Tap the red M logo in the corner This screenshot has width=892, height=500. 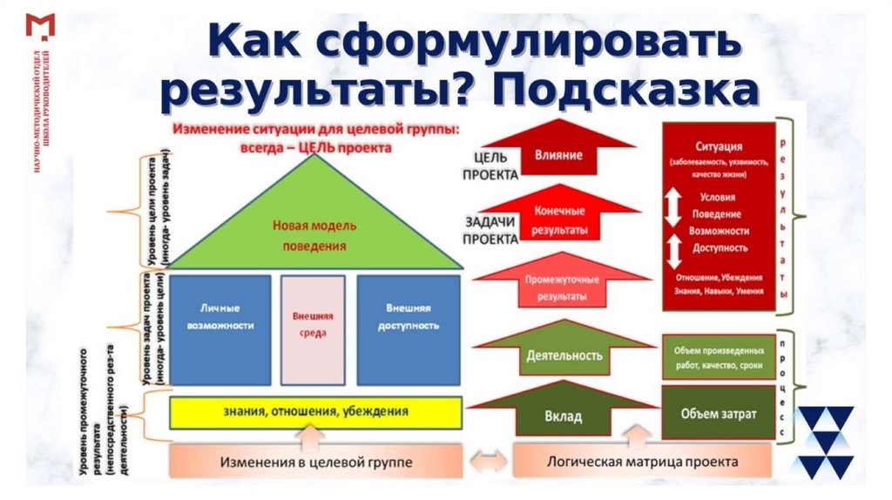41,25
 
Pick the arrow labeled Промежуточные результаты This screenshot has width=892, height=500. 559,287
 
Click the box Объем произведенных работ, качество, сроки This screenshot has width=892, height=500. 718,356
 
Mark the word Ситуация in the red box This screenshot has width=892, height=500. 719,146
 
